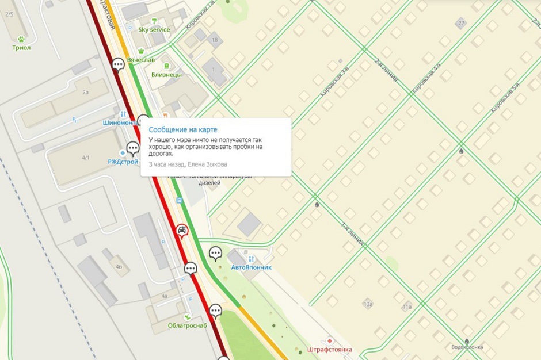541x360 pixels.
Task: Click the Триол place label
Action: point(21,48)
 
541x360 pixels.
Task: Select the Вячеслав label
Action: point(140,60)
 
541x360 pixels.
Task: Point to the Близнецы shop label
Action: point(167,75)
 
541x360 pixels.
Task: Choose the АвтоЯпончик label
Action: point(250,268)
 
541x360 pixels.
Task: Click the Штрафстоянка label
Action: point(329,349)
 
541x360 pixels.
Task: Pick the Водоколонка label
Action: point(467,347)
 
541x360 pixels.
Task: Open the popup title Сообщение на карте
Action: point(183,129)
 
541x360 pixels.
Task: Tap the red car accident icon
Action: point(182,231)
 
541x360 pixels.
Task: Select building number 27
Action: point(460,23)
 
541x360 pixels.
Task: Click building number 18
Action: point(215,40)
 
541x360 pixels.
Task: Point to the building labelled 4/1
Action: point(86,157)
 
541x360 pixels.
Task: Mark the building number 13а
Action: point(368,304)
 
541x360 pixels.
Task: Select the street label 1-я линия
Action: point(353,235)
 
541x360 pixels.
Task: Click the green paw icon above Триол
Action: point(21,39)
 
